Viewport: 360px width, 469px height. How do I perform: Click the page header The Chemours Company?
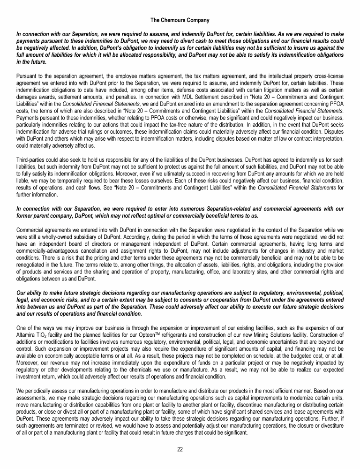coord(180,20)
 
